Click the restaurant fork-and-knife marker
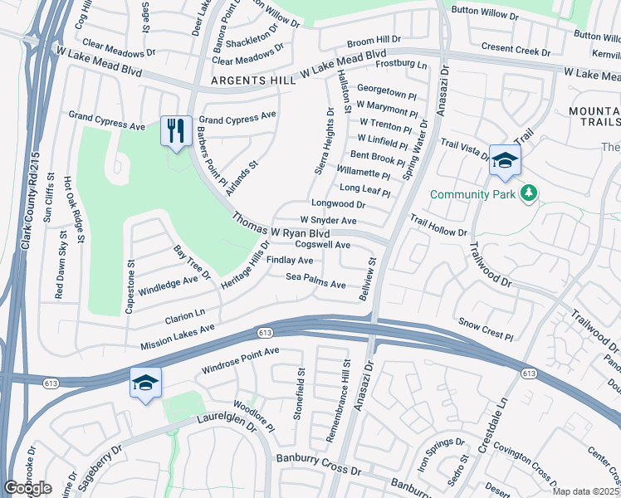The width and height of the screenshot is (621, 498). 175,131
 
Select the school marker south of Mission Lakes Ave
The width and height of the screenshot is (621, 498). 145,383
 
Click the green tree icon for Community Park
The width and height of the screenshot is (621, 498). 528,194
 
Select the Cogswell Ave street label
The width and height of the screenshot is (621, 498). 322,246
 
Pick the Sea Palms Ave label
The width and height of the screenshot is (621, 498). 315,285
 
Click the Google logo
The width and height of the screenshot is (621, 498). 28,488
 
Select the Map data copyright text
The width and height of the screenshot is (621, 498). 585,491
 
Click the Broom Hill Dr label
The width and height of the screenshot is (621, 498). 374,40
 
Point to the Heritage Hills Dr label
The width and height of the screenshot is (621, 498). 247,266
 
